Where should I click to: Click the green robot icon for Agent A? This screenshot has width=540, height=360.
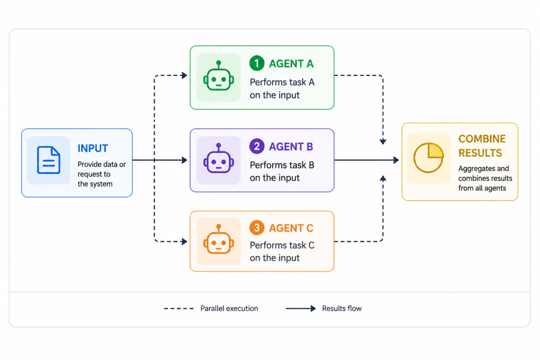coord(219,76)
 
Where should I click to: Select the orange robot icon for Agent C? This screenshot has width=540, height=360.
coord(219,239)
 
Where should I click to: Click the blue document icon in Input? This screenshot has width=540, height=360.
coord(49,160)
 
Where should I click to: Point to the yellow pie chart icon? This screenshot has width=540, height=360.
coord(428,158)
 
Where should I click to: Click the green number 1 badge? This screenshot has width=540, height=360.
coord(257,63)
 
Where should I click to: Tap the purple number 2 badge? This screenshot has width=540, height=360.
coord(257,147)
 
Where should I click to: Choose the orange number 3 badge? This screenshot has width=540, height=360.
coord(257,228)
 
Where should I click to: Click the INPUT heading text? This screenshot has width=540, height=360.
coord(93,148)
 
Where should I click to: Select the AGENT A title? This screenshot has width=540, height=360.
coord(291,64)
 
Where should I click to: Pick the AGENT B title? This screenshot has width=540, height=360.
coord(291,147)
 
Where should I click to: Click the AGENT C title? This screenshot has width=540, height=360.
coord(291,228)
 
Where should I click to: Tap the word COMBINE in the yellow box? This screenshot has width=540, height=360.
coord(482,139)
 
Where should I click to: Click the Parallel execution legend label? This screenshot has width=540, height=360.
coord(229,308)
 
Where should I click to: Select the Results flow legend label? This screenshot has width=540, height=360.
coord(342,308)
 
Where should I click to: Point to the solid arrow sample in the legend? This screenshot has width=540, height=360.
coord(301,308)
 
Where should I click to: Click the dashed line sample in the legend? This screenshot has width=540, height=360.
coord(179,308)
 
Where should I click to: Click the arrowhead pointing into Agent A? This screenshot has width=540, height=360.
coord(184,75)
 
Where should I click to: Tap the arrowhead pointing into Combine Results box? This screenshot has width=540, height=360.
coord(396,160)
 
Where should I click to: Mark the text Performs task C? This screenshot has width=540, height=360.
coord(282,245)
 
